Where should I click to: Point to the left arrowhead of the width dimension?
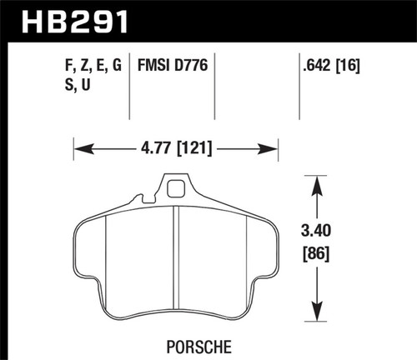click(78, 150)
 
